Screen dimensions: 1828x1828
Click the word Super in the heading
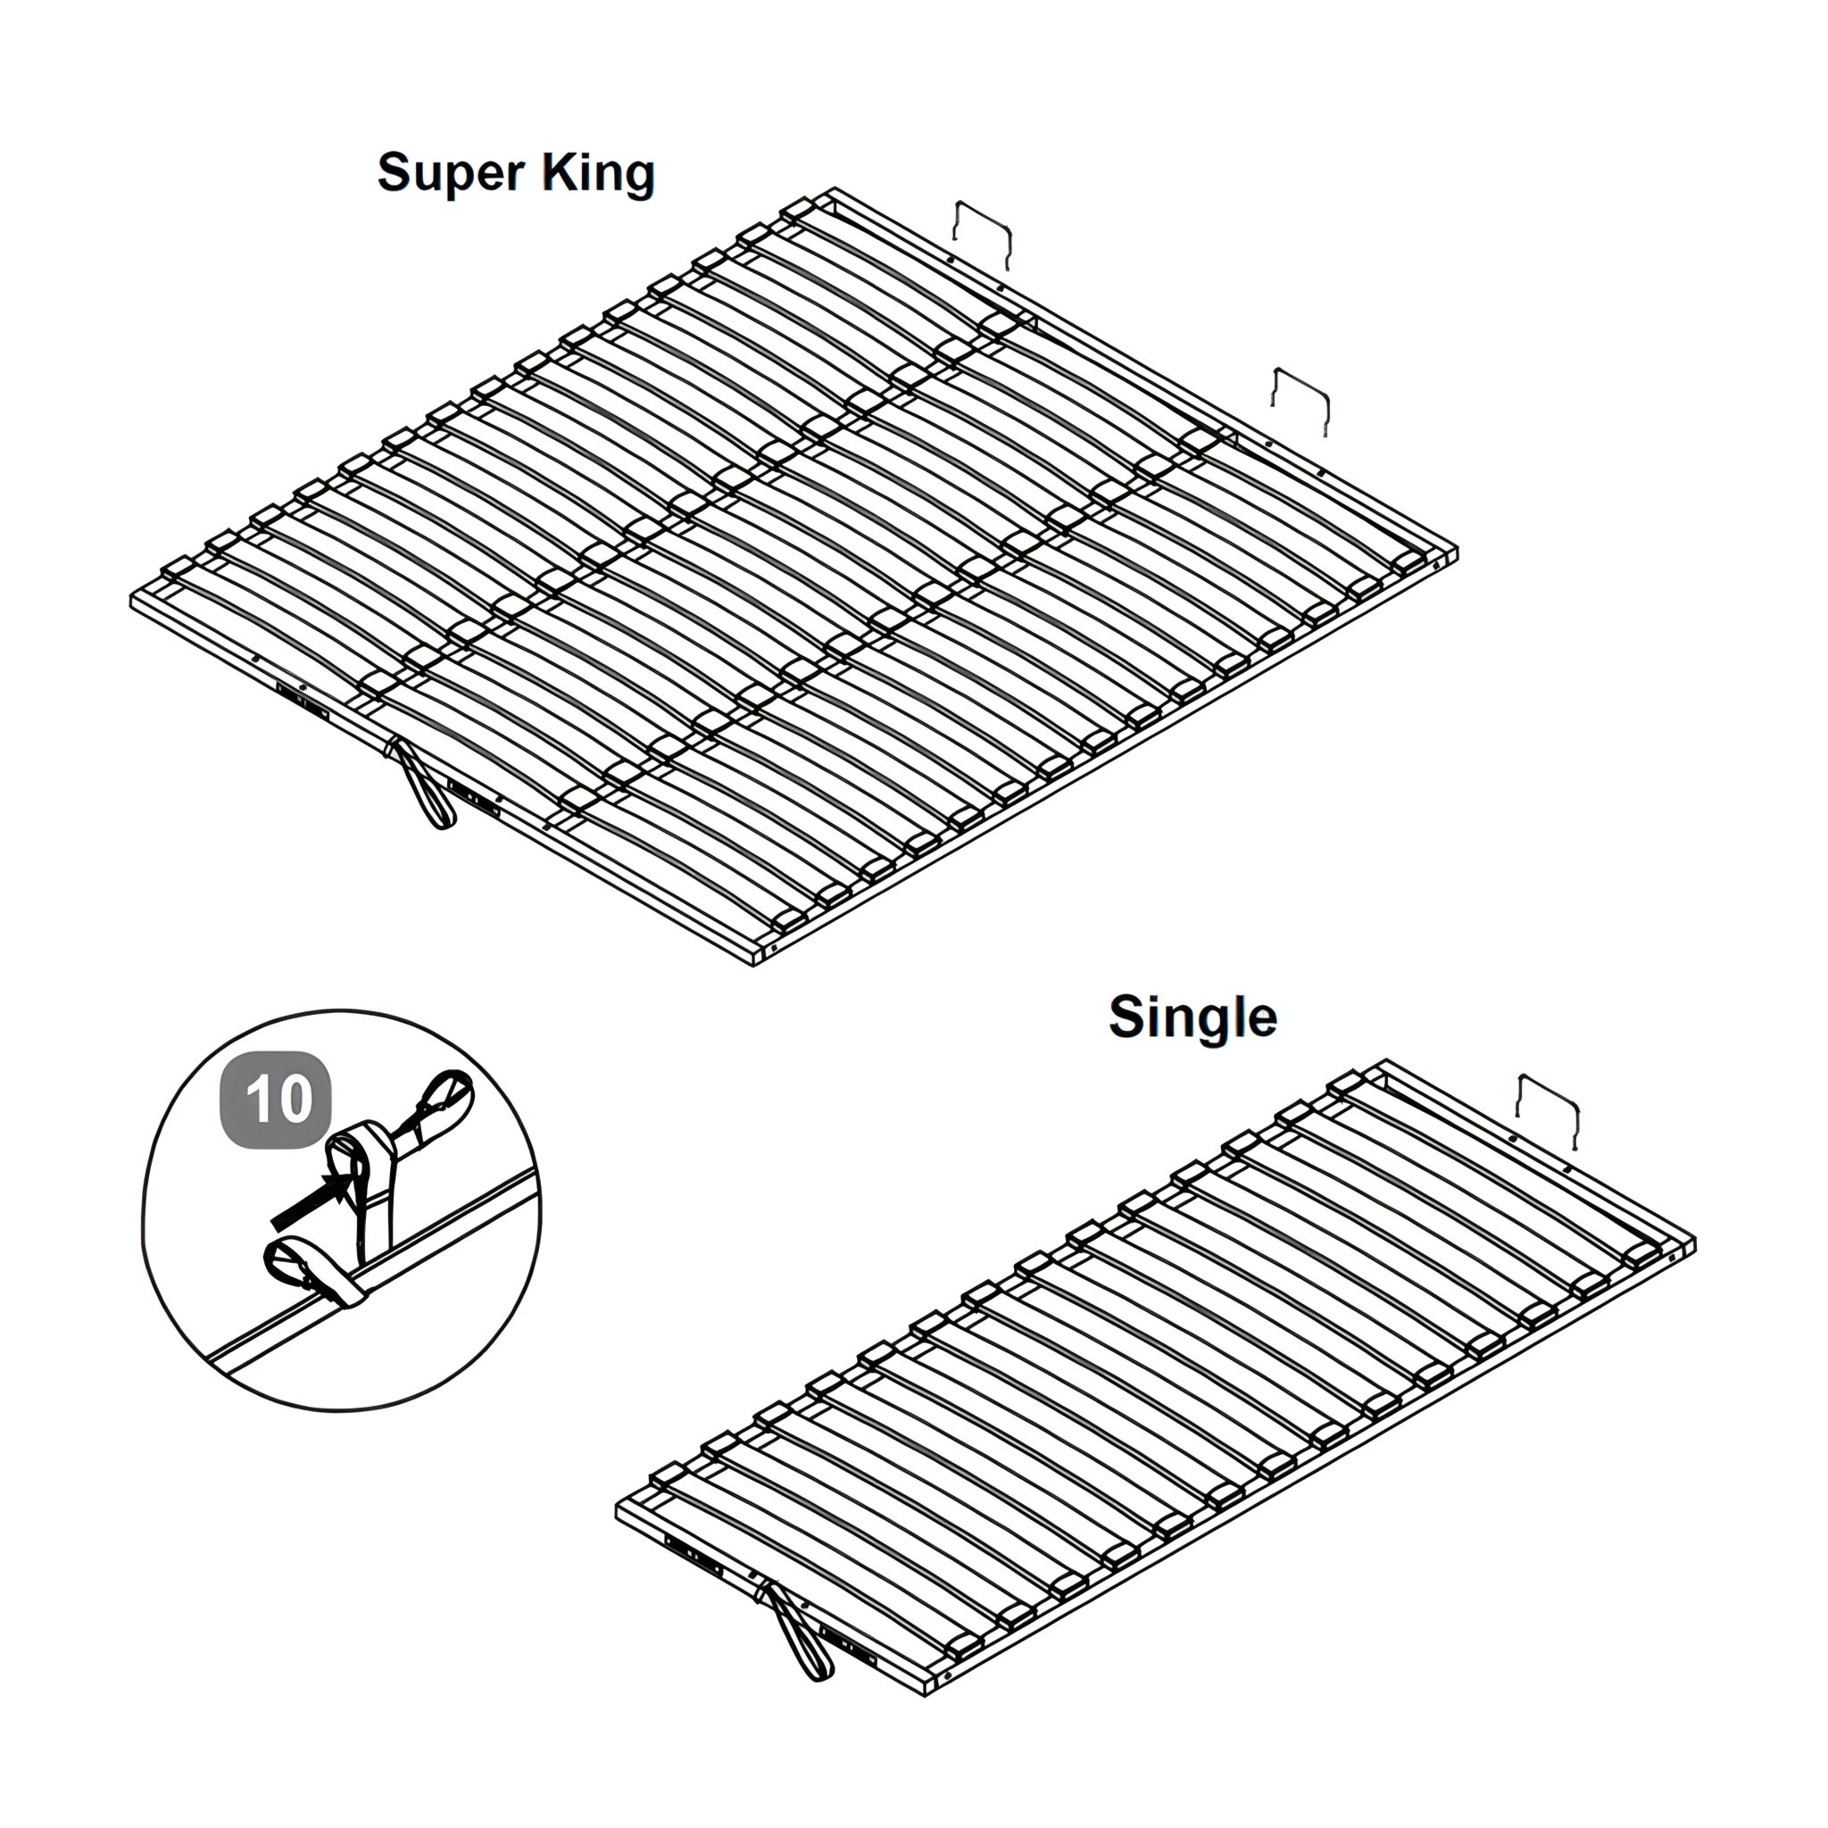451,174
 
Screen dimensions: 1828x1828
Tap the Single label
1192,1018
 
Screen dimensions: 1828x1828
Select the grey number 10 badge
277,1100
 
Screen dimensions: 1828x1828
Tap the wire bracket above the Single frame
1548,1107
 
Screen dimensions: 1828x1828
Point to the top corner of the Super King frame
834,190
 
